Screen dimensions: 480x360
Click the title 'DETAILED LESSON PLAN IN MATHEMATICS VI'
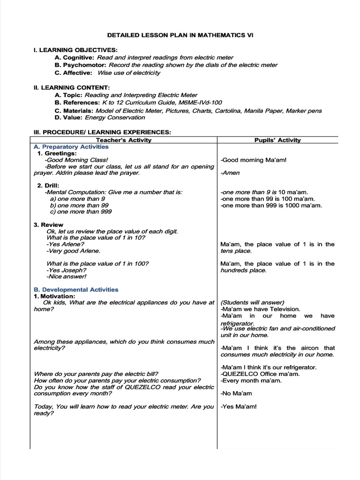pyautogui.click(x=180, y=35)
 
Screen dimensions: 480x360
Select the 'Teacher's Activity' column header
pyautogui.click(x=124, y=140)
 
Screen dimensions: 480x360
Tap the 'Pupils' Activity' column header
pyautogui.click(x=277, y=140)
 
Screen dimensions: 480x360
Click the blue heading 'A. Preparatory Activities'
pyautogui.click(x=71, y=147)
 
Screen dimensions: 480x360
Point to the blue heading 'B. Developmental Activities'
pyautogui.click(x=76, y=290)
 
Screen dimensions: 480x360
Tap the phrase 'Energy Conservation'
pyautogui.click(x=115, y=118)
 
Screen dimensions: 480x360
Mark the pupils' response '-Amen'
pyautogui.click(x=230, y=173)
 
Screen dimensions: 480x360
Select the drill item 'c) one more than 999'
pyautogui.click(x=81, y=212)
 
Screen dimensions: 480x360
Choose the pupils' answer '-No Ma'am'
pyautogui.click(x=236, y=394)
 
